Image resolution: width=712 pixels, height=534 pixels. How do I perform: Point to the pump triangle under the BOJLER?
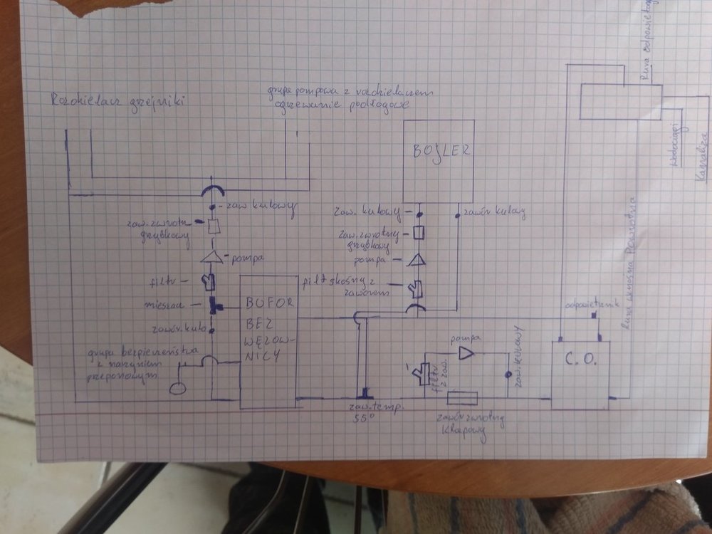click(418, 261)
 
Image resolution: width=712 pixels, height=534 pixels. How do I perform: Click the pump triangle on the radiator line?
click(211, 256)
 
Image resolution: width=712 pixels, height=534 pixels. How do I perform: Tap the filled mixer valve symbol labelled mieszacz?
click(213, 307)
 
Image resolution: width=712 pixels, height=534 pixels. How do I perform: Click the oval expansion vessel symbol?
click(177, 388)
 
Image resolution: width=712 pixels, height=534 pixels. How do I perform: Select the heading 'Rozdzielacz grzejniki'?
click(117, 101)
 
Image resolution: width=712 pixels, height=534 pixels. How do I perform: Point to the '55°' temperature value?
click(364, 418)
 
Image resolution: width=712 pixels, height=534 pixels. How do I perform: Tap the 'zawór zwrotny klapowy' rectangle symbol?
click(468, 399)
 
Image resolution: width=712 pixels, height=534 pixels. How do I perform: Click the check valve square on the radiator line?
click(212, 227)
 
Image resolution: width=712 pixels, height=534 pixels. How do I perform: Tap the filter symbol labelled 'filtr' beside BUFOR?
click(209, 282)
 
